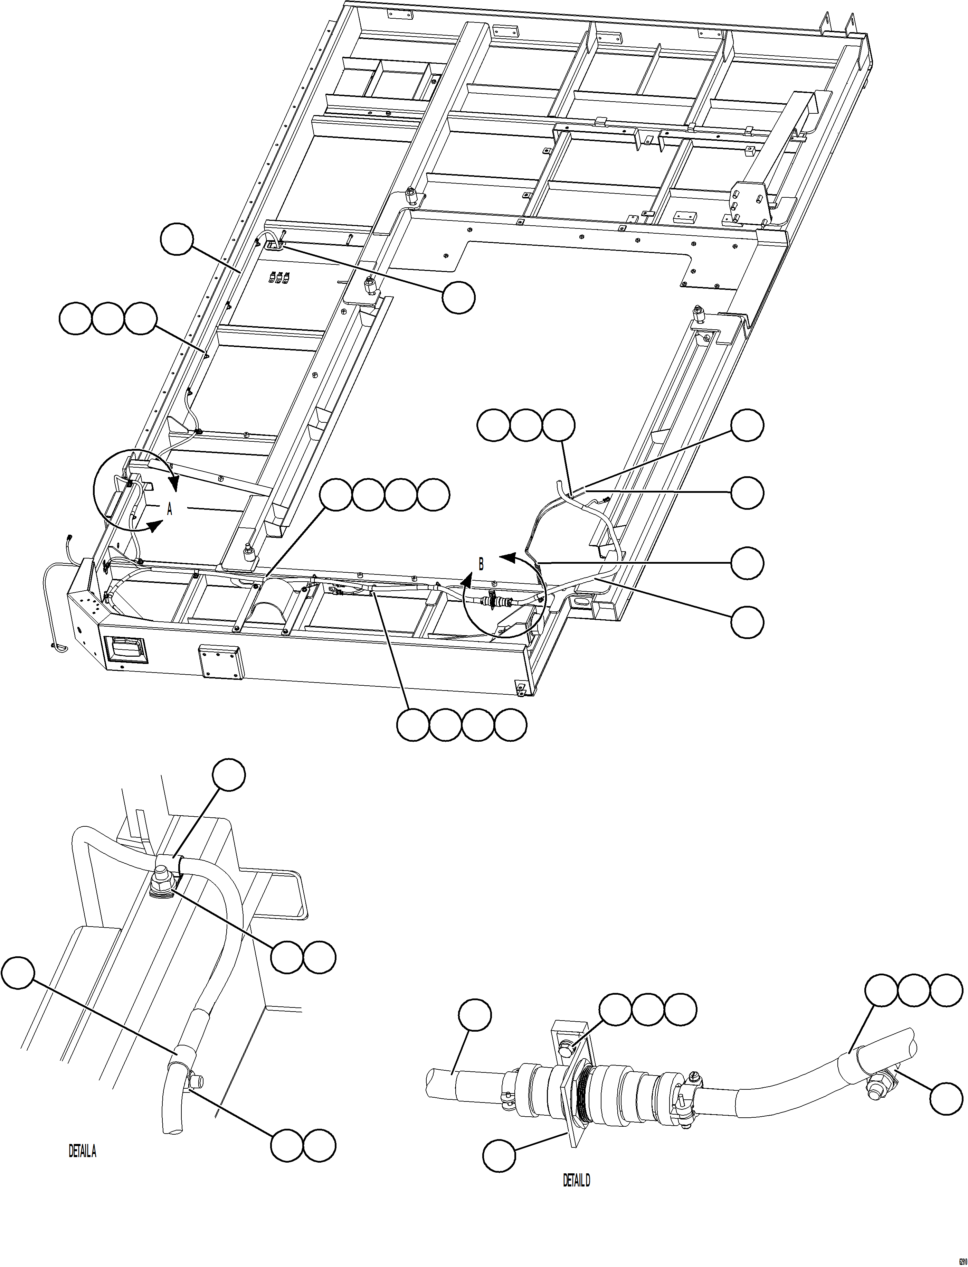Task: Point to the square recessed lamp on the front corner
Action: (x=125, y=650)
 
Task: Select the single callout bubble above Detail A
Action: (x=229, y=775)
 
